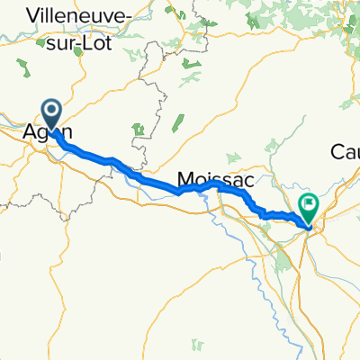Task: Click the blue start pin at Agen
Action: (x=51, y=114)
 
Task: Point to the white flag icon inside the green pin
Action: (x=308, y=203)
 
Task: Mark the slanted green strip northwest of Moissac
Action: (x=177, y=118)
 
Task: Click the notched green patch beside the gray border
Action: (x=139, y=130)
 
